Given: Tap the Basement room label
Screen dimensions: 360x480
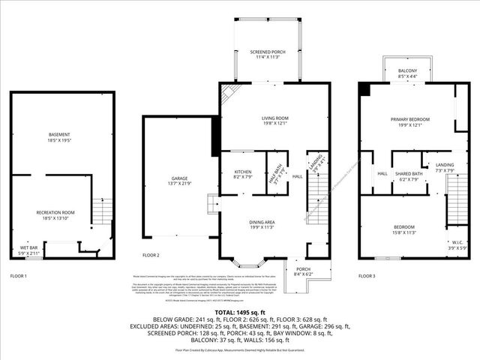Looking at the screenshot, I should pos(64,138).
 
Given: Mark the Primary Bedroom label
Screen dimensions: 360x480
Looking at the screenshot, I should pos(410,122).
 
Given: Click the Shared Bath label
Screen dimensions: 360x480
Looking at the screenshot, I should pos(409,177).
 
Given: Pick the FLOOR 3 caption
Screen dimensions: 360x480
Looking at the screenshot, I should pos(367,277).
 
